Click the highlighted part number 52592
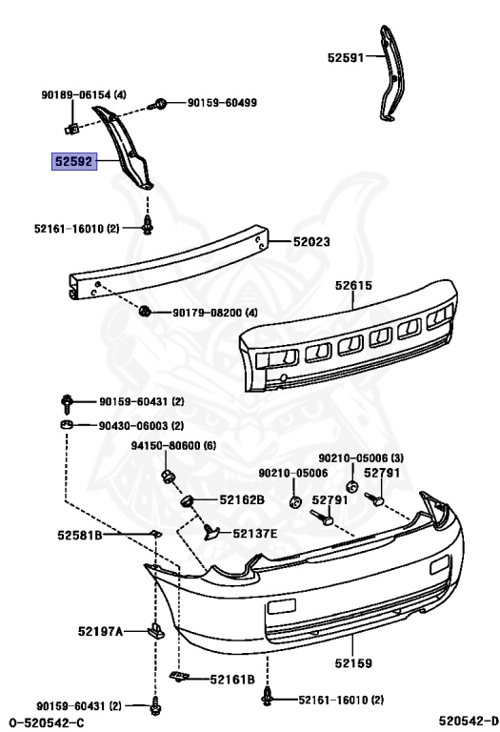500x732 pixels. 74,161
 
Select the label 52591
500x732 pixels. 346,58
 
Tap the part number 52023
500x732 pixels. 311,241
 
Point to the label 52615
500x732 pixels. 353,285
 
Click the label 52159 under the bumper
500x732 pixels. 353,663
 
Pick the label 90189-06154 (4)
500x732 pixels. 84,94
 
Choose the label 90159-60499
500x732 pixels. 222,103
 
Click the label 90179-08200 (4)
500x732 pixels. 215,313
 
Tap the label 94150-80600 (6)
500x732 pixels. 173,445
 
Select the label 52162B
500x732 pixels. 242,500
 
